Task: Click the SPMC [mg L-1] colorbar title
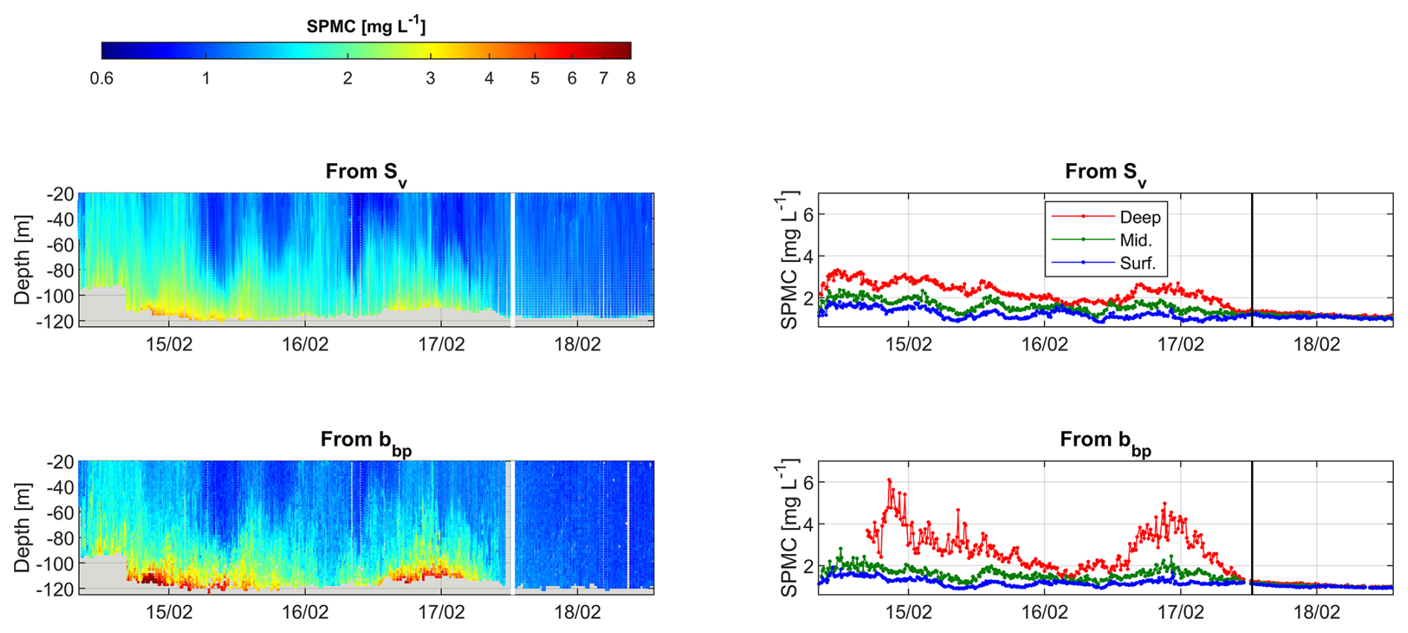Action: pos(366,26)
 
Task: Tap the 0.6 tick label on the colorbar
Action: pos(101,78)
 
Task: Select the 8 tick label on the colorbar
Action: pos(630,78)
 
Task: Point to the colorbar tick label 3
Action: pos(430,78)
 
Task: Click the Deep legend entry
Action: pos(1139,217)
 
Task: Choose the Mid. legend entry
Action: pos(1135,240)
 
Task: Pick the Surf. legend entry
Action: pos(1137,263)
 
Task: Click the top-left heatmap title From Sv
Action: pos(365,173)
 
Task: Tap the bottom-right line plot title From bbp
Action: pos(1105,441)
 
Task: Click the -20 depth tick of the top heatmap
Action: pos(60,194)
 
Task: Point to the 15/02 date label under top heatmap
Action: pos(169,344)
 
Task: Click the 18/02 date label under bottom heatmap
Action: pos(577,612)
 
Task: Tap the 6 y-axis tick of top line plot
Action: pos(808,214)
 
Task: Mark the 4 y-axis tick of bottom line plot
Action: pos(808,524)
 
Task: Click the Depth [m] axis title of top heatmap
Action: pos(22,259)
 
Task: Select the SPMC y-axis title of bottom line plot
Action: pos(789,527)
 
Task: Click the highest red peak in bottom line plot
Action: pos(889,480)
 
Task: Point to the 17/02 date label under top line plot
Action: pos(1180,344)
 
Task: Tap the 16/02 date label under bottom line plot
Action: pos(1044,612)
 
